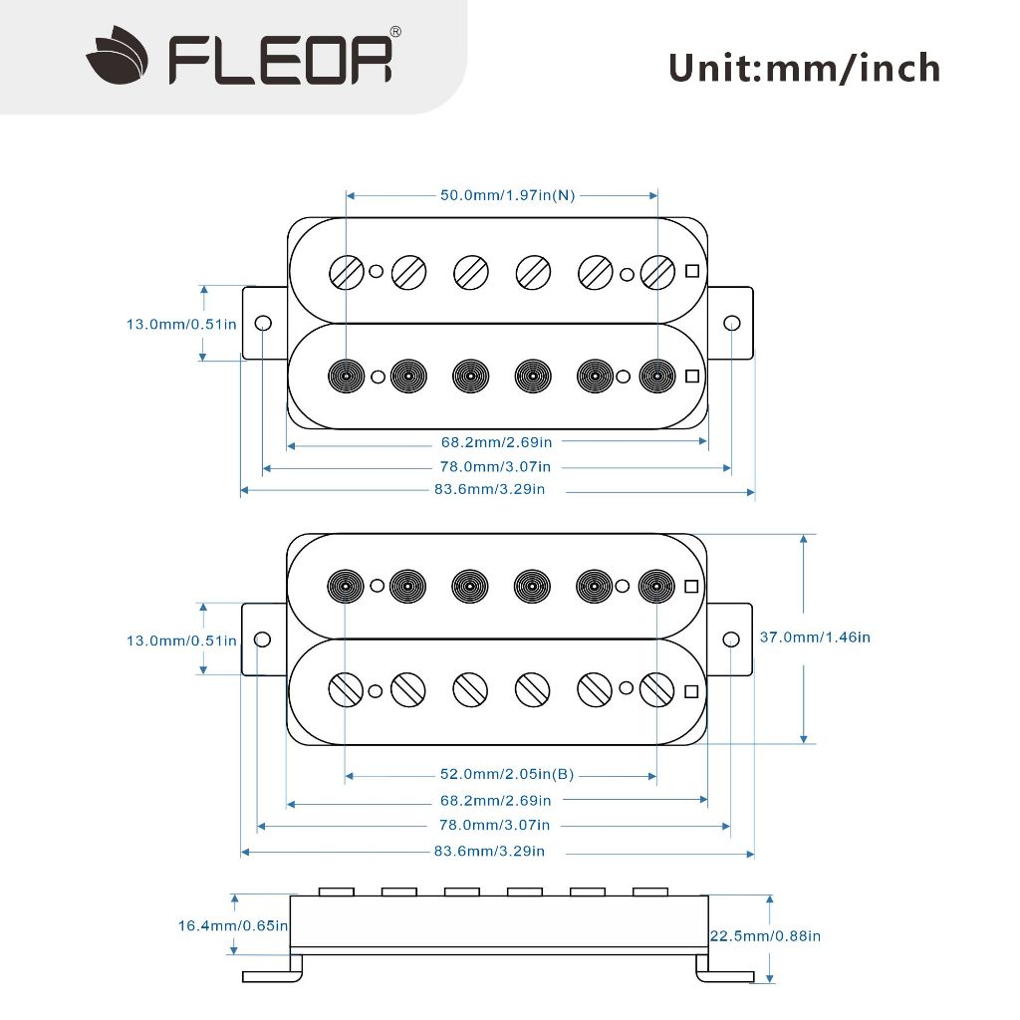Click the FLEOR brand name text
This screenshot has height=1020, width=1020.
(281, 61)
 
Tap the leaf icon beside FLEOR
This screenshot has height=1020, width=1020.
(118, 56)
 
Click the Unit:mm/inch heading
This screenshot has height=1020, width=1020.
(805, 69)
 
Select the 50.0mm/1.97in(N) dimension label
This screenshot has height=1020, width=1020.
(507, 195)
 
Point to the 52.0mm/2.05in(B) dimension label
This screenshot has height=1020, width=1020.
(507, 774)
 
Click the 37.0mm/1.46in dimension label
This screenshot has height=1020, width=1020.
(815, 637)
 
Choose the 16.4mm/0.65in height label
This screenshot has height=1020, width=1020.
(233, 925)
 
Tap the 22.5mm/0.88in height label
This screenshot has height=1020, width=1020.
(765, 935)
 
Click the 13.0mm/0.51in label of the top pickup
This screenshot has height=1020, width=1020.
(181, 324)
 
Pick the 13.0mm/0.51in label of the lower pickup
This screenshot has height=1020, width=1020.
(181, 640)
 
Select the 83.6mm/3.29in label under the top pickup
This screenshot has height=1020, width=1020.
(489, 489)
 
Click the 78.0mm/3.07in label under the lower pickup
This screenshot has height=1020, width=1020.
(494, 825)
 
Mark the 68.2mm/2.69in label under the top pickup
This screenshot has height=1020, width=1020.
(496, 442)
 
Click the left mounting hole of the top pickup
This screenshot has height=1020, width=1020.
(263, 323)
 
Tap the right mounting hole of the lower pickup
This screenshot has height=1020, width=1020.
(731, 639)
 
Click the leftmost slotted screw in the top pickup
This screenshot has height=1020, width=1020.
(347, 272)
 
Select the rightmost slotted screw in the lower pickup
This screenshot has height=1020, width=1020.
(657, 689)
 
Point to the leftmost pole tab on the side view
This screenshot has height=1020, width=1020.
(337, 892)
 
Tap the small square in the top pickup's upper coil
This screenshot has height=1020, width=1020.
(692, 271)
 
